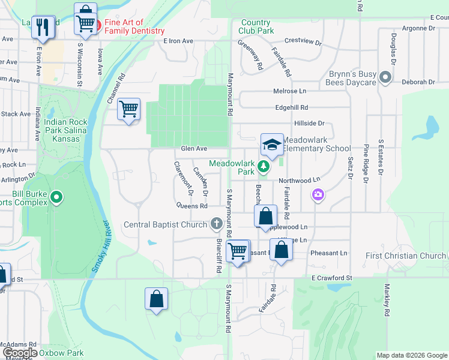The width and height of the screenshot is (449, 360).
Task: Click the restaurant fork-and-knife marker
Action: (42, 26)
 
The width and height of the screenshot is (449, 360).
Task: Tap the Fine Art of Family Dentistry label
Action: (134, 27)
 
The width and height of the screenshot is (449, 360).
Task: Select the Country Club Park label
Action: (256, 26)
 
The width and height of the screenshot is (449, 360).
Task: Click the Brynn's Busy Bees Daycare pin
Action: (386, 77)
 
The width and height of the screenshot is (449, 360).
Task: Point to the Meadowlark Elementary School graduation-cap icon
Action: (272, 145)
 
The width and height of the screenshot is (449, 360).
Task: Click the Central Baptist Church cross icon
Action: (217, 225)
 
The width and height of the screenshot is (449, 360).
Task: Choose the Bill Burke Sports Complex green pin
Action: (56, 197)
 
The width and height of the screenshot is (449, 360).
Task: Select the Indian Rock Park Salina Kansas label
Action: (65, 130)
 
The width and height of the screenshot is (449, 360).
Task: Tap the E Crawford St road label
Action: (331, 277)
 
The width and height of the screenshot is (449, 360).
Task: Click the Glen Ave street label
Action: (194, 149)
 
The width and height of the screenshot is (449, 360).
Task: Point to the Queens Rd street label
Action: (191, 205)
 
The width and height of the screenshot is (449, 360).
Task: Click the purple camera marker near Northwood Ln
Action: (318, 194)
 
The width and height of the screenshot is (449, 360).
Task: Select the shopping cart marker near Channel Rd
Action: (128, 109)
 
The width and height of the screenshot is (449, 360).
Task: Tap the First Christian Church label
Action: (406, 256)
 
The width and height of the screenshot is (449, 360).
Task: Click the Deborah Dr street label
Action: (418, 82)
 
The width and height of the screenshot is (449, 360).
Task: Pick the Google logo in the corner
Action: (19, 353)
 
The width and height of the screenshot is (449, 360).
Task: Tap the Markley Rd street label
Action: (387, 301)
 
